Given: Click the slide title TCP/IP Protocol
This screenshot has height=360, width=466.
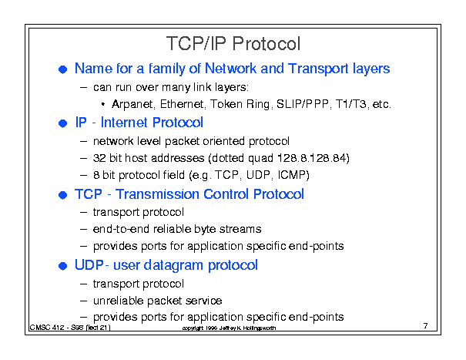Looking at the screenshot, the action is tap(233, 43).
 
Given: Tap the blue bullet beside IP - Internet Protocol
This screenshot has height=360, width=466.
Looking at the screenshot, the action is tap(62, 123).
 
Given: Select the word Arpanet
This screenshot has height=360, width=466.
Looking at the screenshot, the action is tap(132, 104).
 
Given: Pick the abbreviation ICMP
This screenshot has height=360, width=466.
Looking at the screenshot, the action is tap(291, 175).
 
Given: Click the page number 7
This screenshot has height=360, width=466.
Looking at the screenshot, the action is tap(426, 326).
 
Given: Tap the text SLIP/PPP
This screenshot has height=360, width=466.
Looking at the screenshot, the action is tap(303, 104).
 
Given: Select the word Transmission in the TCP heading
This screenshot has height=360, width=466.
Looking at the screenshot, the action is tap(157, 194).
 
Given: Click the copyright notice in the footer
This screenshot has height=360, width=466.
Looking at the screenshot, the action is tap(229, 328).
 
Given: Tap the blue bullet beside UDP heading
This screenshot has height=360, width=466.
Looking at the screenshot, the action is tap(62, 266).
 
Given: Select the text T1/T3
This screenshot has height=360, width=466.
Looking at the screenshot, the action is tap(350, 104).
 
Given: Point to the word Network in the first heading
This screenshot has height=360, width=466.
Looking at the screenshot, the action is tap(230, 69).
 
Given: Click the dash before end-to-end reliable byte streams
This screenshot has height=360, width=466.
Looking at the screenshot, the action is tap(83, 230).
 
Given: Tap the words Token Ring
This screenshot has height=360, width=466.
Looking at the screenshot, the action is tap(240, 104).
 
